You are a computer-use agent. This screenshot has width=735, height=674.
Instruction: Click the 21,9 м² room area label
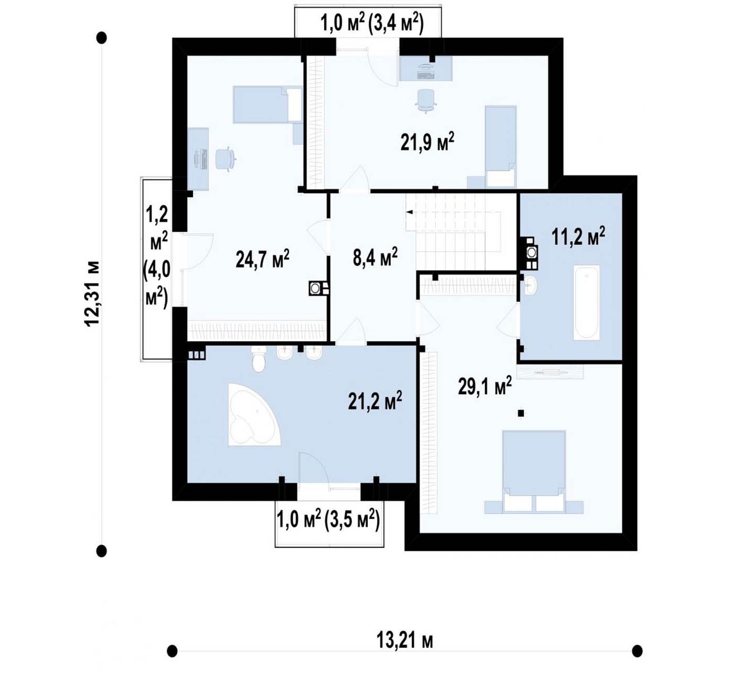click(427, 142)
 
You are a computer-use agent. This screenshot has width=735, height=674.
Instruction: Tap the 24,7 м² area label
click(262, 258)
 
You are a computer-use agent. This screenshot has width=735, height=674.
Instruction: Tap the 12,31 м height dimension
click(92, 293)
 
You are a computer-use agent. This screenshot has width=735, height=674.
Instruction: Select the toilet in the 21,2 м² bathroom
click(259, 359)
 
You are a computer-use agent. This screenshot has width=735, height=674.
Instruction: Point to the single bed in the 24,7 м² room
click(268, 104)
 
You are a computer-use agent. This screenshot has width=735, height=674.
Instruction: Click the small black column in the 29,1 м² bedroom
click(521, 414)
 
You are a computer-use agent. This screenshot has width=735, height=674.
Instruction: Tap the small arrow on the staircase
click(410, 212)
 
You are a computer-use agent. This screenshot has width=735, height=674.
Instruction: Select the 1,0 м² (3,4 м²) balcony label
click(372, 24)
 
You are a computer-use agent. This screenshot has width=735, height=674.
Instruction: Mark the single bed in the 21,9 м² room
click(500, 147)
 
